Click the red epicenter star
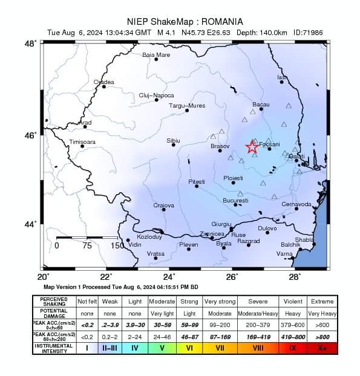(252, 147)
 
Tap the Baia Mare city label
(156, 54)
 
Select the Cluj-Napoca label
(156, 95)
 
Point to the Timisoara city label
(83, 141)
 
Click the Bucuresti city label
(235, 200)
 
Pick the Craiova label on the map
(163, 206)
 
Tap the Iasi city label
(281, 77)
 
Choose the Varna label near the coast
(284, 254)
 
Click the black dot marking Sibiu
(174, 145)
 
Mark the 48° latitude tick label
(30, 44)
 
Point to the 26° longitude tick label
(232, 277)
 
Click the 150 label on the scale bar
(117, 245)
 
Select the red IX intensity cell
(293, 348)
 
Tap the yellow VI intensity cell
(189, 348)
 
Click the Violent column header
(293, 300)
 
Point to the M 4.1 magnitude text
(168, 32)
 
